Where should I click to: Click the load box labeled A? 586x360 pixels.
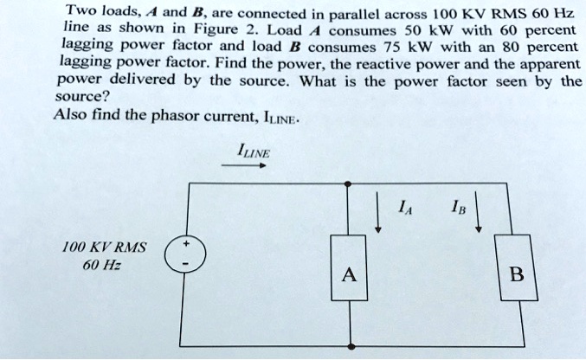[x=348, y=275]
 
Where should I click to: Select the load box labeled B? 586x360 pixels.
[x=517, y=275]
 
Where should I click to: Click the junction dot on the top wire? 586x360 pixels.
[x=348, y=184]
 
